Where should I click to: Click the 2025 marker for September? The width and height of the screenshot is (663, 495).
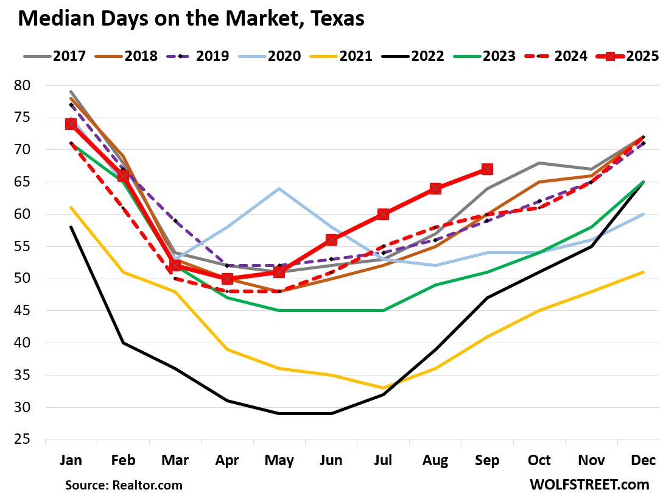pyautogui.click(x=487, y=169)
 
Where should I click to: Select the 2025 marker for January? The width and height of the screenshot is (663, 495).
pyautogui.click(x=71, y=124)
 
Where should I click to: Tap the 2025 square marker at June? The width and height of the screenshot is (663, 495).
pyautogui.click(x=331, y=240)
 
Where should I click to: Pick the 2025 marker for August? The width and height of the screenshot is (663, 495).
pyautogui.click(x=435, y=188)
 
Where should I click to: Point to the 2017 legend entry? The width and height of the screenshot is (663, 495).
pyautogui.click(x=59, y=57)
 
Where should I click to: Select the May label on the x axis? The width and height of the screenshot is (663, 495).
pyautogui.click(x=279, y=460)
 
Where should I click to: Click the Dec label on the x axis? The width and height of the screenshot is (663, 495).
pyautogui.click(x=644, y=460)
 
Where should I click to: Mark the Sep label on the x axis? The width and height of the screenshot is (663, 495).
pyautogui.click(x=487, y=460)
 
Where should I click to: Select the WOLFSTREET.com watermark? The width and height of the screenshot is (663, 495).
pyautogui.click(x=589, y=485)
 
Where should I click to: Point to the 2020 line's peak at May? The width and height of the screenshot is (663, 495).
pyautogui.click(x=279, y=188)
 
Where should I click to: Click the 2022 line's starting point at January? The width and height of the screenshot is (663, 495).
pyautogui.click(x=71, y=227)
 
